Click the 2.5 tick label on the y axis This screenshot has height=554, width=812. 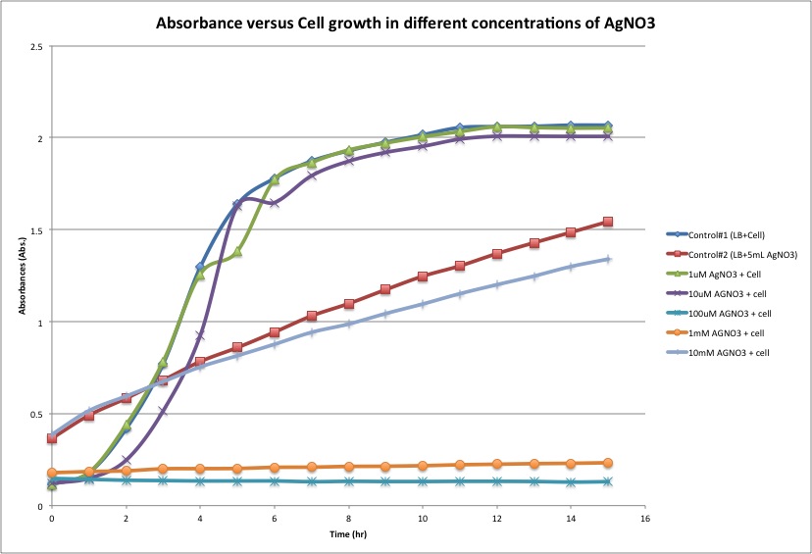coord(36,46)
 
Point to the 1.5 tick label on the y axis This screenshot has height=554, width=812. coord(36,230)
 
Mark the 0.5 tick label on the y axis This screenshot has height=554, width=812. coord(36,414)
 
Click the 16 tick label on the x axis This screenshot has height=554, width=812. coord(644,516)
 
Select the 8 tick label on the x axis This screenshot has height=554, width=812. coord(348,516)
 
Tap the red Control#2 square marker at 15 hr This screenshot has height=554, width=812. coord(608,222)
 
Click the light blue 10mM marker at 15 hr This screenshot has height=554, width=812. coord(608,259)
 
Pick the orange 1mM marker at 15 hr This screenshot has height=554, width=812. coord(608,463)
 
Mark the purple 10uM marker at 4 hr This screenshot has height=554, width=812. coord(200,336)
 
